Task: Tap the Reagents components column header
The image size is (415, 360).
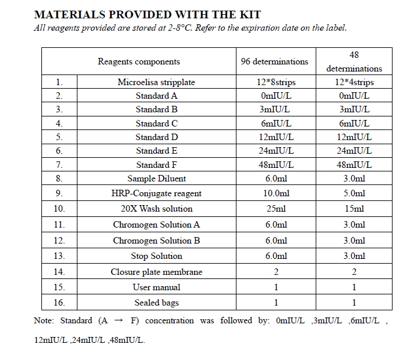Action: coord(139,61)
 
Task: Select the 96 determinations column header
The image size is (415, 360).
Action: coord(274,61)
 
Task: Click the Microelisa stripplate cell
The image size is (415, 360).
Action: coord(156,82)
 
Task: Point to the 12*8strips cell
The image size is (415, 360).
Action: coord(274,82)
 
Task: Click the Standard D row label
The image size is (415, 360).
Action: coord(157,137)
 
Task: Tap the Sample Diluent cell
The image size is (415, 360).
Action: coord(157,179)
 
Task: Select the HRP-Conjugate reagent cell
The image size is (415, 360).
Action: coord(157,193)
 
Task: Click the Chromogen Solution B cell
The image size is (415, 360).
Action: coord(157,241)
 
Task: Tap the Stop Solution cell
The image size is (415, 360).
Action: coord(157,256)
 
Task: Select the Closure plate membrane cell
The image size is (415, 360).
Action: coord(157,272)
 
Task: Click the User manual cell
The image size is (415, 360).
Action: coord(157,287)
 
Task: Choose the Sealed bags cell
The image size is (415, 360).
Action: coord(157,303)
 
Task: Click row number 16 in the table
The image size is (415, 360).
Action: coord(59,303)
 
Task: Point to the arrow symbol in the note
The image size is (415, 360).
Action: coord(118,321)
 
